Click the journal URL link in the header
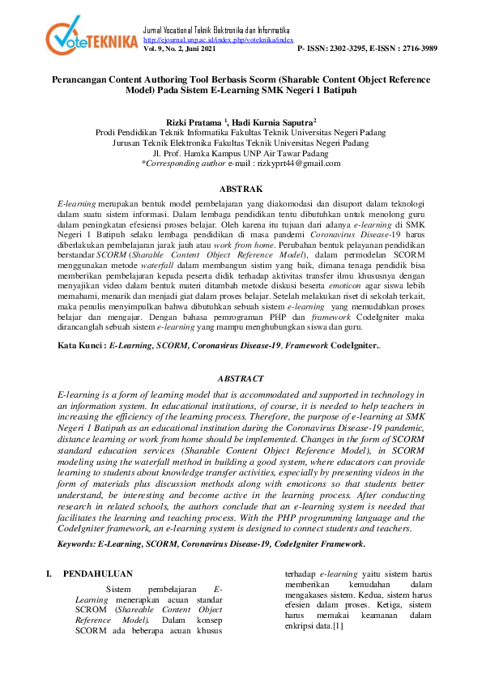point(218,39)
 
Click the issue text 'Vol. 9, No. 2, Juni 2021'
point(179,49)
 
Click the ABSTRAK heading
point(241,188)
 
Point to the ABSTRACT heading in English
point(241,378)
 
